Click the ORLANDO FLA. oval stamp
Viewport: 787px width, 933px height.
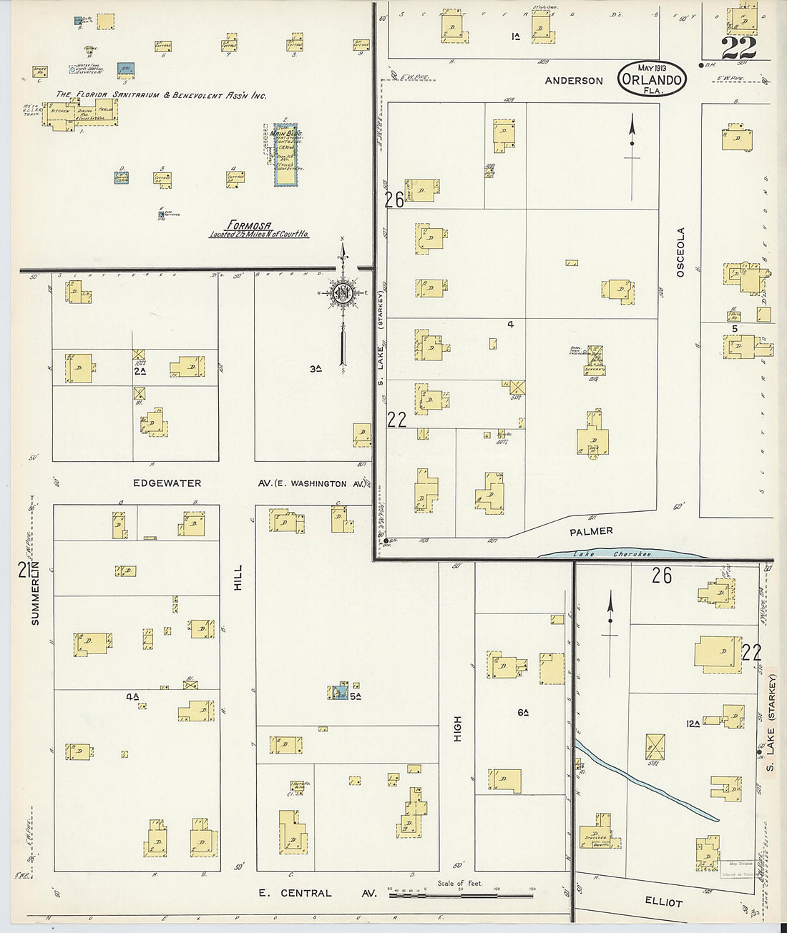tap(651, 78)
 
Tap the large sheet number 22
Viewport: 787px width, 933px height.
tap(738, 48)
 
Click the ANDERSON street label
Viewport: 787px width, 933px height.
tap(574, 81)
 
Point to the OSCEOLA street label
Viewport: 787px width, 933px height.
tap(680, 252)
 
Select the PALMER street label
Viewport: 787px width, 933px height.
tap(591, 531)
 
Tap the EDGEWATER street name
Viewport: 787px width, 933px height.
tap(167, 483)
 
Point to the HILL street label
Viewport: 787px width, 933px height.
tap(238, 578)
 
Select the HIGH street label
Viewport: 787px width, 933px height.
tap(457, 729)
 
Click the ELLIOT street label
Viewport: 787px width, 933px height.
tap(663, 902)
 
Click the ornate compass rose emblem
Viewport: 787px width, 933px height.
tap(343, 292)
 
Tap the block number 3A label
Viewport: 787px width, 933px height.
tap(315, 369)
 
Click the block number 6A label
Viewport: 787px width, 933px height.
tap(522, 712)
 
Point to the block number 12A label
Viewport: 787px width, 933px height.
tap(693, 724)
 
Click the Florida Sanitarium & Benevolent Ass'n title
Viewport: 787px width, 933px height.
tap(161, 94)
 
